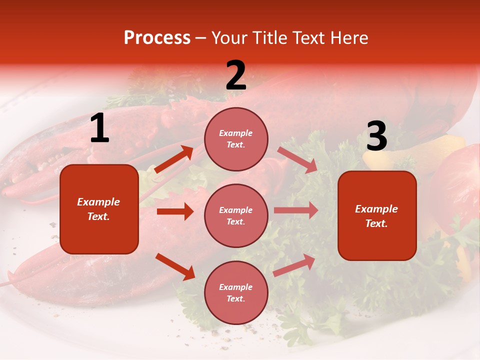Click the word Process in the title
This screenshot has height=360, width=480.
pyautogui.click(x=157, y=38)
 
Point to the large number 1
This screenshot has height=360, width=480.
pyautogui.click(x=99, y=129)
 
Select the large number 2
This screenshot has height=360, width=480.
pyautogui.click(x=236, y=76)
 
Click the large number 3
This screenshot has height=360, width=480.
pyautogui.click(x=376, y=137)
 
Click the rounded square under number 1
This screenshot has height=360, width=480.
pyautogui.click(x=99, y=209)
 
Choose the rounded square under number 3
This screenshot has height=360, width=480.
pyautogui.click(x=377, y=216)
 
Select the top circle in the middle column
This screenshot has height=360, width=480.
pyautogui.click(x=236, y=139)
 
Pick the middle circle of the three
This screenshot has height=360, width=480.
pyautogui.click(x=236, y=216)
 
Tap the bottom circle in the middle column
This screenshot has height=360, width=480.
pyautogui.click(x=236, y=293)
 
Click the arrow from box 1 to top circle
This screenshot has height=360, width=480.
pyautogui.click(x=173, y=159)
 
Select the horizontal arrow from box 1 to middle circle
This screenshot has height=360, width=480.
pyautogui.click(x=175, y=211)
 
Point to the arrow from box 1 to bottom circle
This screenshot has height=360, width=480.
pyautogui.click(x=175, y=266)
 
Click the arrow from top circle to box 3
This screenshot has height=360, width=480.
pyautogui.click(x=297, y=159)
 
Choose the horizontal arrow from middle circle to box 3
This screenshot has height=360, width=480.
pyautogui.click(x=296, y=210)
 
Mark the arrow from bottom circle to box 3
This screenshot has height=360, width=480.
pyautogui.click(x=294, y=265)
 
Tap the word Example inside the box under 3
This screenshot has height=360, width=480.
pyautogui.click(x=376, y=209)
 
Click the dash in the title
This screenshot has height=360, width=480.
pyautogui.click(x=201, y=38)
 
